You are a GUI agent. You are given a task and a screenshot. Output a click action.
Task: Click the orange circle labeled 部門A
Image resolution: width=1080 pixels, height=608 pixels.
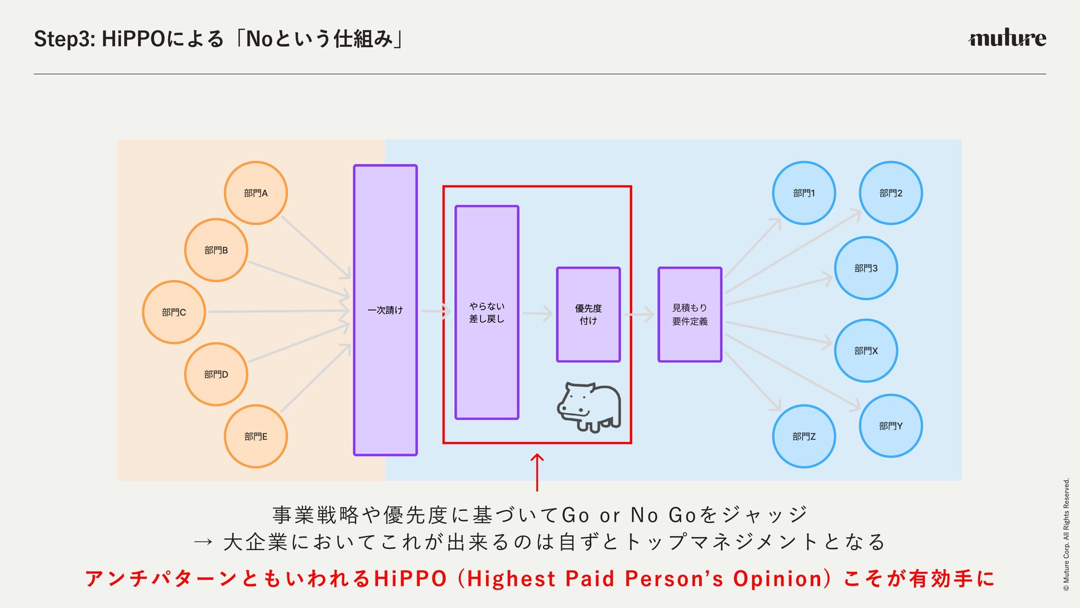(x=256, y=193)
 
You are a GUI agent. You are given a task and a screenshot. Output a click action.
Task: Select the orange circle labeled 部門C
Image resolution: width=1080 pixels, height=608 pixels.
(x=174, y=312)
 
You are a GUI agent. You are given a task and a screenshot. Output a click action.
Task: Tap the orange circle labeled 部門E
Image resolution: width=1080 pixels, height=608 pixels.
(x=256, y=436)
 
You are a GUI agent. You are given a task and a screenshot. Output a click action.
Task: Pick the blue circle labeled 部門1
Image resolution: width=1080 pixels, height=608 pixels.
(x=804, y=193)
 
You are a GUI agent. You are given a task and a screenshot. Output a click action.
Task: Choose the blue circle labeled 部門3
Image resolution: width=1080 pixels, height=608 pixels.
(x=866, y=268)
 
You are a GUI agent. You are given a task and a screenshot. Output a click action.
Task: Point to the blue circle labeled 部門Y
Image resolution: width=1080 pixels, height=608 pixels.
(x=890, y=426)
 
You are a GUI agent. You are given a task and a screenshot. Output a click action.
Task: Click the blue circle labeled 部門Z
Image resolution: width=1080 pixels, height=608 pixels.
(x=804, y=436)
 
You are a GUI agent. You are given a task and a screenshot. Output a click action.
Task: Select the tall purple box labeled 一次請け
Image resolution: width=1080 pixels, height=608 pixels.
(x=385, y=310)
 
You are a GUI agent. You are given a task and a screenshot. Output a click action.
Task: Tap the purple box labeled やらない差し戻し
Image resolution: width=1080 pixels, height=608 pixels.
(x=487, y=312)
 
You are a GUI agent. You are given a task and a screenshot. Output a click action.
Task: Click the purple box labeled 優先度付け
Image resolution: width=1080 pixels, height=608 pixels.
(x=588, y=314)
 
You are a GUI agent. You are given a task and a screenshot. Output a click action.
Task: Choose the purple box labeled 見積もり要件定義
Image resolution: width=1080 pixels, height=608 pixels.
(x=690, y=314)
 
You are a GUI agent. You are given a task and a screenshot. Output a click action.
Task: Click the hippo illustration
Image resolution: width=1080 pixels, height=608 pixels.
(x=589, y=407)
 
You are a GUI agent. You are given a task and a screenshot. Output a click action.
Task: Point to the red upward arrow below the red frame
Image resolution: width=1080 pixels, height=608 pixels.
(x=537, y=472)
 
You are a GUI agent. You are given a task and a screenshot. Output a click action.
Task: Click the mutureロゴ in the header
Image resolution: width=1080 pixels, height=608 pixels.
(x=1007, y=38)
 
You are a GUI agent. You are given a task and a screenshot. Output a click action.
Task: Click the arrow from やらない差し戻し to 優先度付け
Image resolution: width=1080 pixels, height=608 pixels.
(x=537, y=314)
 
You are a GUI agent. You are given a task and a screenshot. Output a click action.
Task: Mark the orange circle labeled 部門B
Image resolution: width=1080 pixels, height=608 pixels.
(x=216, y=250)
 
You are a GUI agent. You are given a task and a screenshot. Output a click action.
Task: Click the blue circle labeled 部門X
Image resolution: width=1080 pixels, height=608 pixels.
(x=866, y=351)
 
